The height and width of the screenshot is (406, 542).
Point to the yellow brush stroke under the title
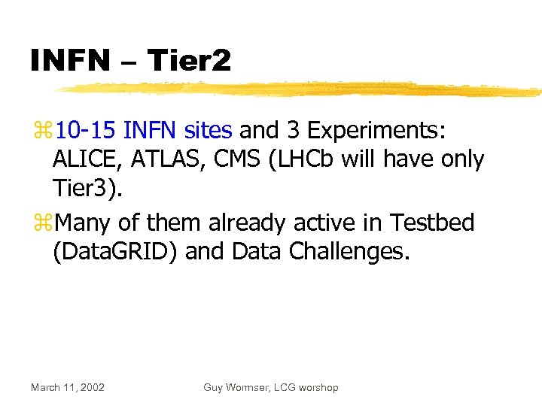pyautogui.click(x=301, y=89)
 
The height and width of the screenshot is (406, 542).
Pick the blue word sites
pyautogui.click(x=209, y=131)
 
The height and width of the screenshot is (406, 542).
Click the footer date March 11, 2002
pyautogui.click(x=68, y=387)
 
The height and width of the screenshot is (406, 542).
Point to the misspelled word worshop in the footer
pyautogui.click(x=317, y=387)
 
